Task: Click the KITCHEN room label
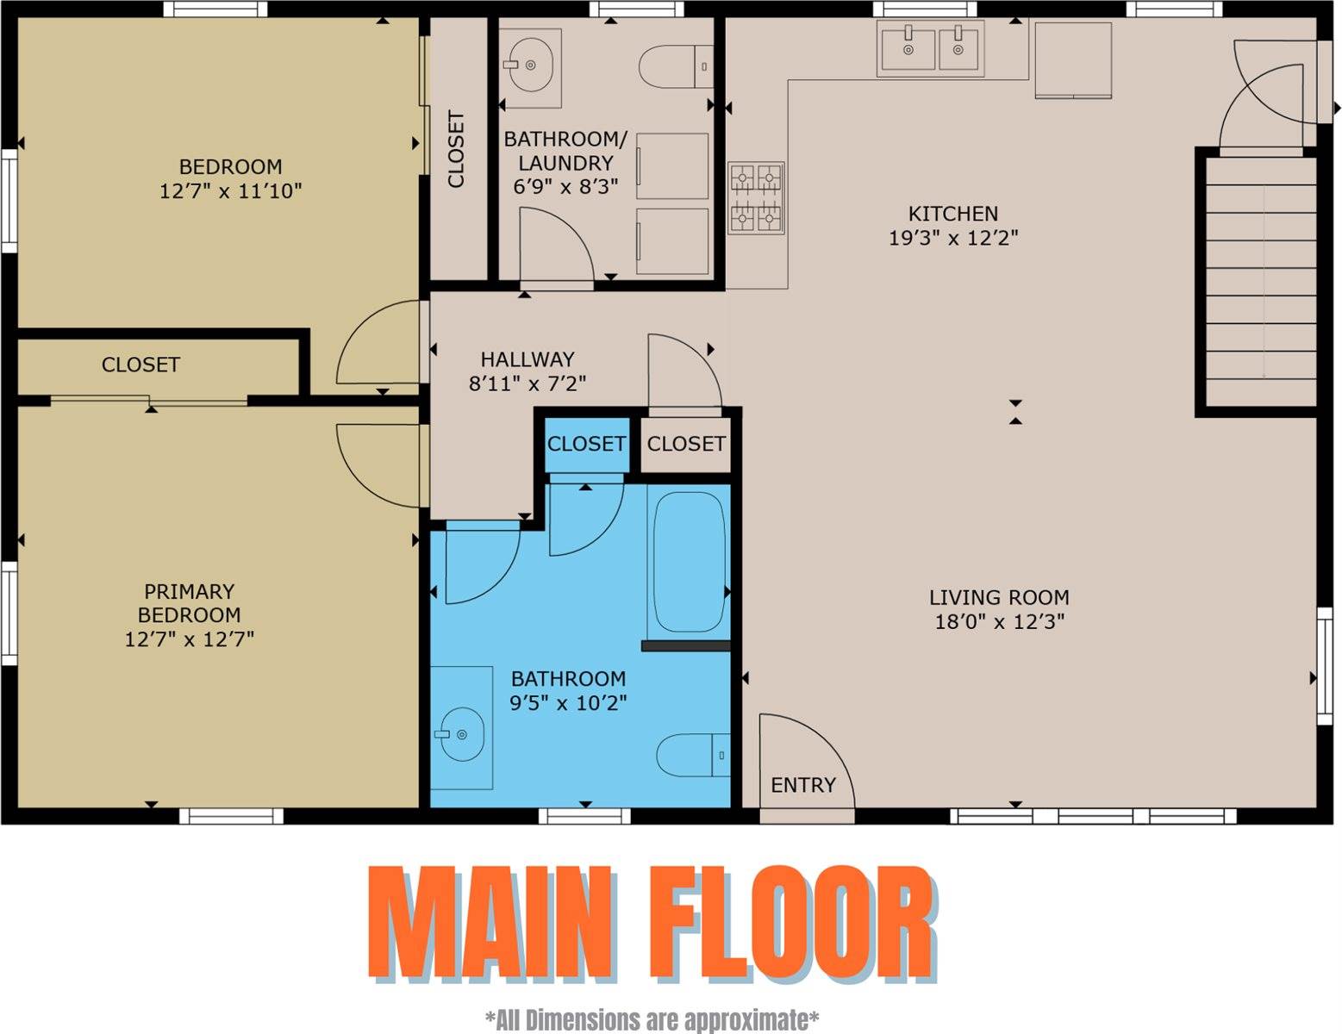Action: (x=953, y=214)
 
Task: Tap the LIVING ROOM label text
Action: (x=999, y=597)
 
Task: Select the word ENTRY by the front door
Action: (x=802, y=785)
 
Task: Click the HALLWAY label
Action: (x=527, y=359)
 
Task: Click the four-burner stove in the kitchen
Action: (x=757, y=198)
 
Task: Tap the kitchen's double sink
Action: (x=931, y=49)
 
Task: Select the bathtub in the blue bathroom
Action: (x=689, y=562)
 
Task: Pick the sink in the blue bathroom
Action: (x=461, y=728)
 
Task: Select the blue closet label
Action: (x=586, y=444)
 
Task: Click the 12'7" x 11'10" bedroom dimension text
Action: (x=230, y=190)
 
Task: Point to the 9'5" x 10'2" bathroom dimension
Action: (x=568, y=702)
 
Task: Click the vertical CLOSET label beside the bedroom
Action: (x=455, y=149)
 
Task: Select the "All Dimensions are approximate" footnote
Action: (x=652, y=1019)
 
